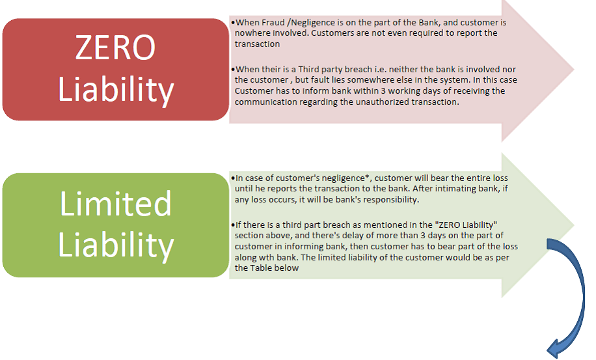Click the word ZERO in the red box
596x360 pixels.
click(116, 48)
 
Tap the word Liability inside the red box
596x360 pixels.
click(116, 90)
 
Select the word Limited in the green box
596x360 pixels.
click(116, 204)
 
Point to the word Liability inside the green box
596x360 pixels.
click(116, 245)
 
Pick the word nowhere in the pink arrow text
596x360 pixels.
click(252, 33)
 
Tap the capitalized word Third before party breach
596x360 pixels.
click(309, 69)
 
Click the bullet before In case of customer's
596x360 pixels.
click(233, 178)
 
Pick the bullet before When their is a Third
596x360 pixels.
click(233, 70)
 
